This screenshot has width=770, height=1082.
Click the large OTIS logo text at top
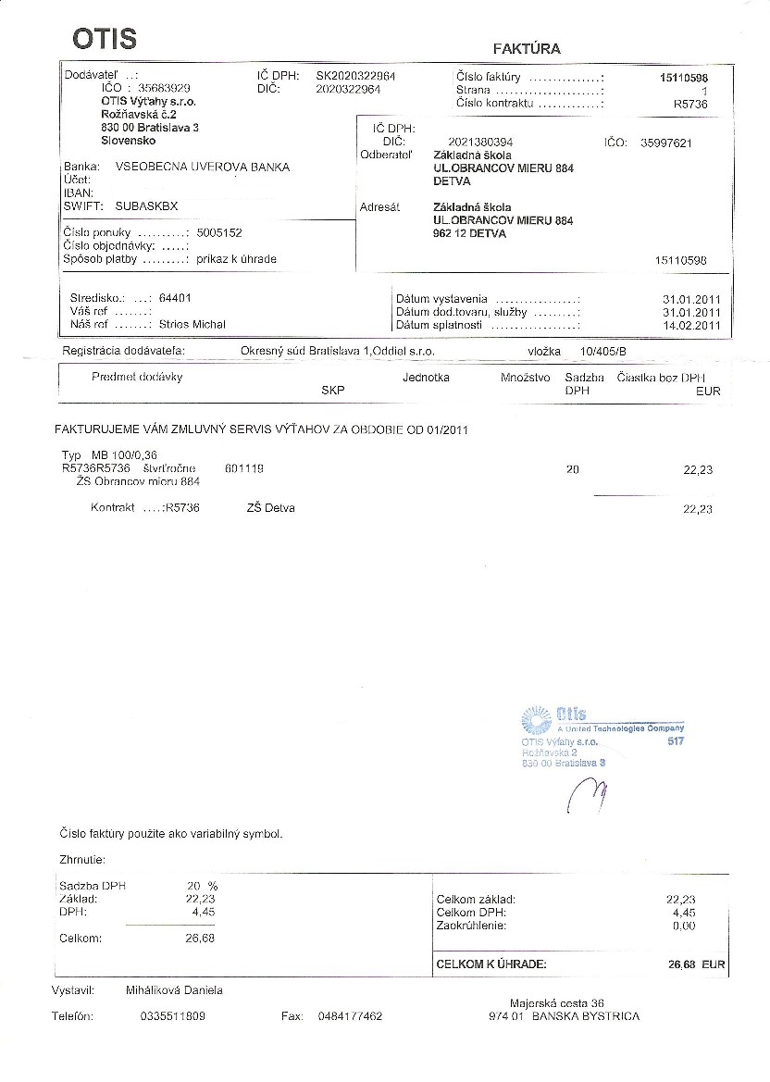(x=105, y=38)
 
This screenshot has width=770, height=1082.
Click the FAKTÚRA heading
(x=527, y=48)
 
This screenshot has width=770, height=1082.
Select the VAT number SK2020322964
(x=356, y=76)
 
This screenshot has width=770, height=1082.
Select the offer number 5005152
(x=219, y=233)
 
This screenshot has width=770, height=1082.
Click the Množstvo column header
(x=526, y=378)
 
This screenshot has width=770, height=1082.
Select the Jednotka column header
(x=426, y=378)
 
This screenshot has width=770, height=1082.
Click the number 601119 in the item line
(x=244, y=469)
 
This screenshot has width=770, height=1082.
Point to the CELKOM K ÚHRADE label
(x=491, y=964)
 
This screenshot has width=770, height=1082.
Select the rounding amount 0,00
(x=683, y=926)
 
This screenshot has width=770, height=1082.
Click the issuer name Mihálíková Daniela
(x=174, y=990)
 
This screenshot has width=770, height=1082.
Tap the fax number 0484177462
(x=350, y=1016)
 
